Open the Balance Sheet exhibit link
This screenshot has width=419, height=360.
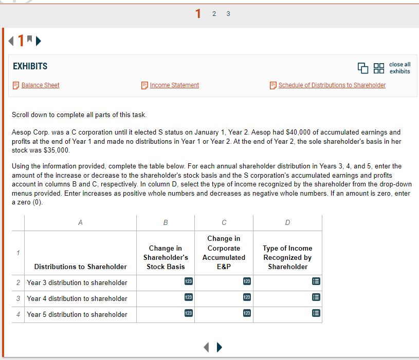(x=40, y=85)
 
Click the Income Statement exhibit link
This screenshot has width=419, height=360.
(x=174, y=85)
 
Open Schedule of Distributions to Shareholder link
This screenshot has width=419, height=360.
(x=332, y=85)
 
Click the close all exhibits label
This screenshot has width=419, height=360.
(x=399, y=68)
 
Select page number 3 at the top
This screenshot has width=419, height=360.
(x=228, y=14)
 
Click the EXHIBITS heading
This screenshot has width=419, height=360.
(x=30, y=66)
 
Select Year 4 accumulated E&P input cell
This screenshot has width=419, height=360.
(x=224, y=298)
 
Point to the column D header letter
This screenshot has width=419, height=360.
(x=287, y=222)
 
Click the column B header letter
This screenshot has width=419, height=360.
(x=166, y=222)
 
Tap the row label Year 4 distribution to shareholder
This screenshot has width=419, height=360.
(x=77, y=298)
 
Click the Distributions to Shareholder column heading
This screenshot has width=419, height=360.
(x=80, y=267)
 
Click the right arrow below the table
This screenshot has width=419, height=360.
(x=220, y=348)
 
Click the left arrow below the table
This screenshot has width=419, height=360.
(x=207, y=348)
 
